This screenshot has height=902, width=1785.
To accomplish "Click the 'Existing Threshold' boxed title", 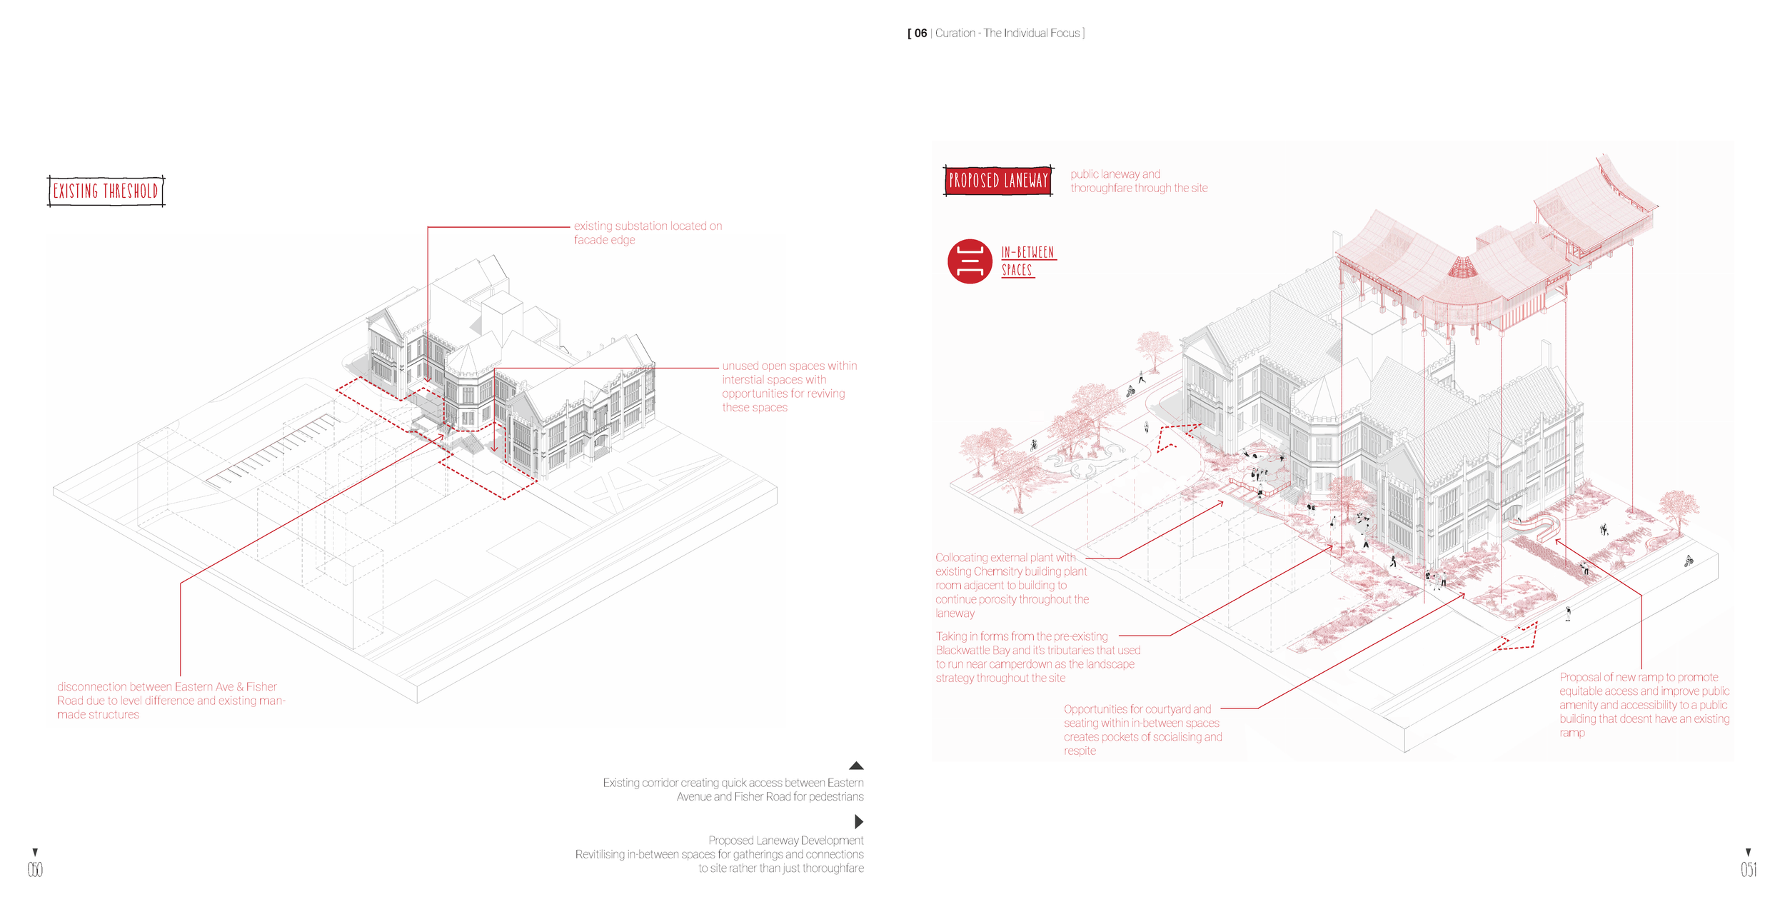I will coord(106,191).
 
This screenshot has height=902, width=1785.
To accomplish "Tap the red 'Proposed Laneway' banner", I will coord(997,180).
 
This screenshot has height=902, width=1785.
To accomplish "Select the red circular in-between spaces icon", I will coord(969,261).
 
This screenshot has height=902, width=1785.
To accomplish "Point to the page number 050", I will coord(35,869).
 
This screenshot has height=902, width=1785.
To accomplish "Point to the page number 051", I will coord(1748,869).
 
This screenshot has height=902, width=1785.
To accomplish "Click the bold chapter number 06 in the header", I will coord(920,34).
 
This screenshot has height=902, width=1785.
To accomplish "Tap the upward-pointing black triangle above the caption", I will coord(856,766).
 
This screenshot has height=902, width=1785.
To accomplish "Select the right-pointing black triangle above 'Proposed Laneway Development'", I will coord(858,821).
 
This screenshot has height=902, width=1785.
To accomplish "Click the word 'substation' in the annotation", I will coord(641,226).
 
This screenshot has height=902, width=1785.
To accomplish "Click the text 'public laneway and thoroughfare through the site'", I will coord(1138,181).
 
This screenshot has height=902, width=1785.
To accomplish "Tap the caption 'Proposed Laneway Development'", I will coord(785,841).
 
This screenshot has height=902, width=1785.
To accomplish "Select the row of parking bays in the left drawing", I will coord(271,450).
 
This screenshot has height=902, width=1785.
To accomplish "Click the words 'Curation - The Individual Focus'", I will coord(1007,34).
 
